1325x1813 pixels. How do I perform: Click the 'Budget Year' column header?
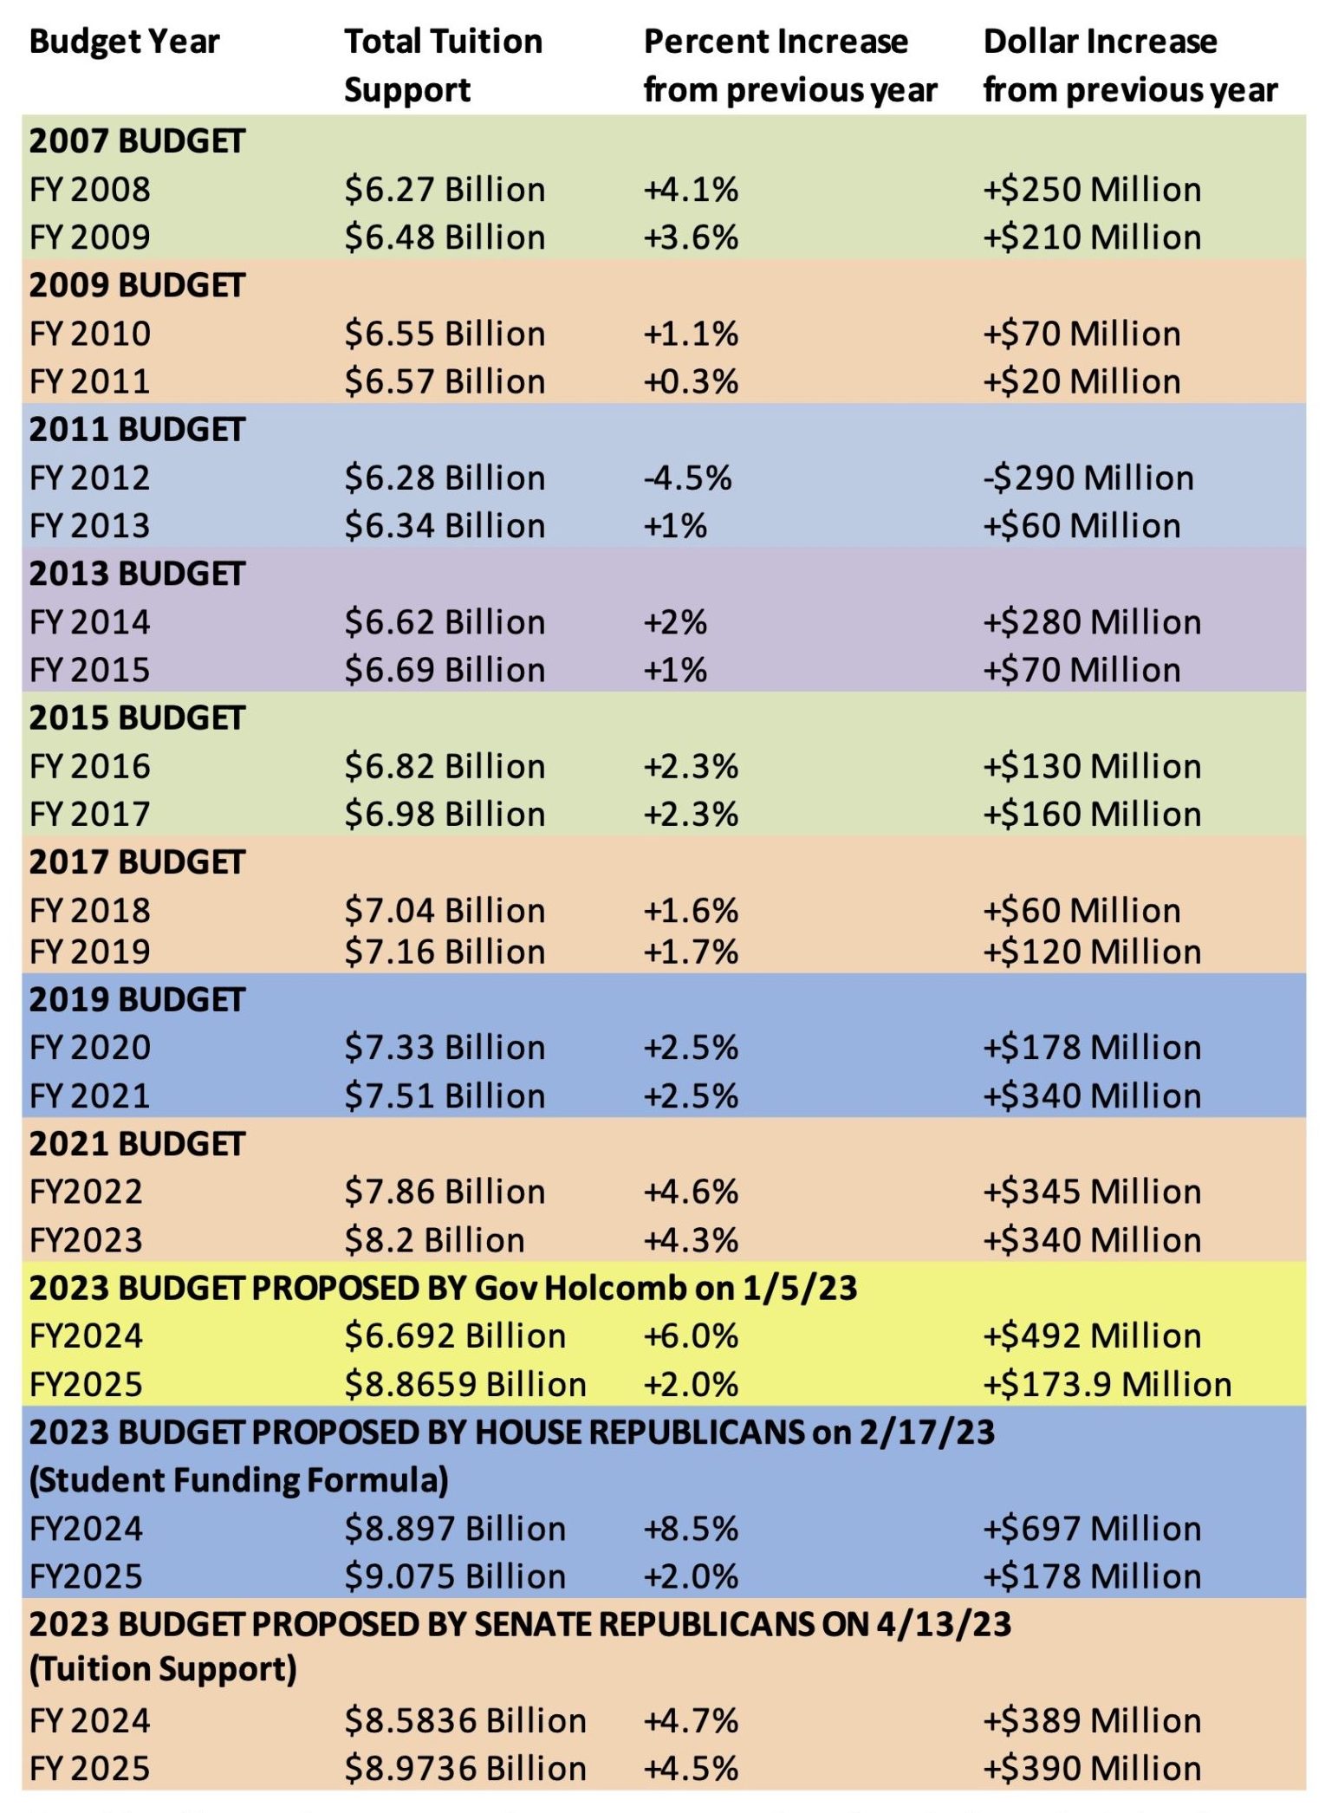click(x=124, y=42)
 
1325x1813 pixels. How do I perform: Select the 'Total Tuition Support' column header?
click(x=443, y=65)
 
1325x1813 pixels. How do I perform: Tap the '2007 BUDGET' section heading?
click(x=137, y=141)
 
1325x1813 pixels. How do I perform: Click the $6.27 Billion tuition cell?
click(x=445, y=190)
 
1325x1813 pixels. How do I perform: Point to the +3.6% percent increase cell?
click(x=691, y=237)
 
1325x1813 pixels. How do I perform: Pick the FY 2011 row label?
click(x=90, y=382)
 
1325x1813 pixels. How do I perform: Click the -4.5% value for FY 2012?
click(x=687, y=478)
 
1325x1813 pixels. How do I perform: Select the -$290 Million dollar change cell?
click(x=1088, y=478)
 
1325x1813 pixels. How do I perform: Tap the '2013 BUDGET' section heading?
click(x=137, y=574)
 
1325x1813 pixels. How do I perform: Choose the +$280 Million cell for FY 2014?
click(x=1092, y=622)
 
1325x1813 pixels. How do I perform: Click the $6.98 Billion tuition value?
click(x=445, y=815)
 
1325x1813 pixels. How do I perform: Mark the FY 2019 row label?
click(x=90, y=952)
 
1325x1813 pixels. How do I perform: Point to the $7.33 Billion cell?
click(x=445, y=1048)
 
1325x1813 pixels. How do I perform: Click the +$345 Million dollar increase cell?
click(x=1092, y=1192)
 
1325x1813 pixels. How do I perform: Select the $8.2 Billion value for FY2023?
click(x=434, y=1241)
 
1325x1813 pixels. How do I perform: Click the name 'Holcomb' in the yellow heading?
click(x=615, y=1289)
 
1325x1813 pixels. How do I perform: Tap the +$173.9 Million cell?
click(x=1107, y=1385)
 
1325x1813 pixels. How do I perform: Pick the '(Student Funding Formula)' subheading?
click(x=238, y=1480)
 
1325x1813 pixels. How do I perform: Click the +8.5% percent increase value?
click(x=691, y=1529)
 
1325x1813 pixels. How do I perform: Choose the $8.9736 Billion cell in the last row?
click(x=465, y=1769)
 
